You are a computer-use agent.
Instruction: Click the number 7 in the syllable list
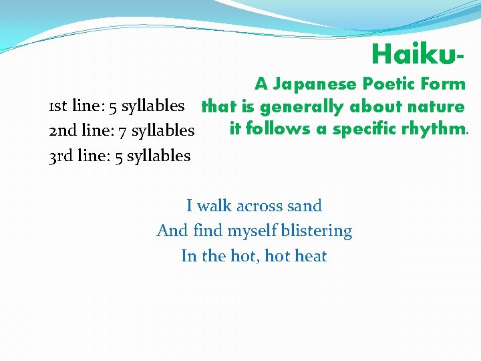[123, 131]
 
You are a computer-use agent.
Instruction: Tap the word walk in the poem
[214, 206]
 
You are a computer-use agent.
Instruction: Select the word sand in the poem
[304, 206]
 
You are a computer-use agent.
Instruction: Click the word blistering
[317, 231]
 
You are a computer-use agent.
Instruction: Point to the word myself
[253, 231]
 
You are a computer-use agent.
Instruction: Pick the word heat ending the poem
[310, 256]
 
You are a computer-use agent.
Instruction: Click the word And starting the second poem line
[172, 231]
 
